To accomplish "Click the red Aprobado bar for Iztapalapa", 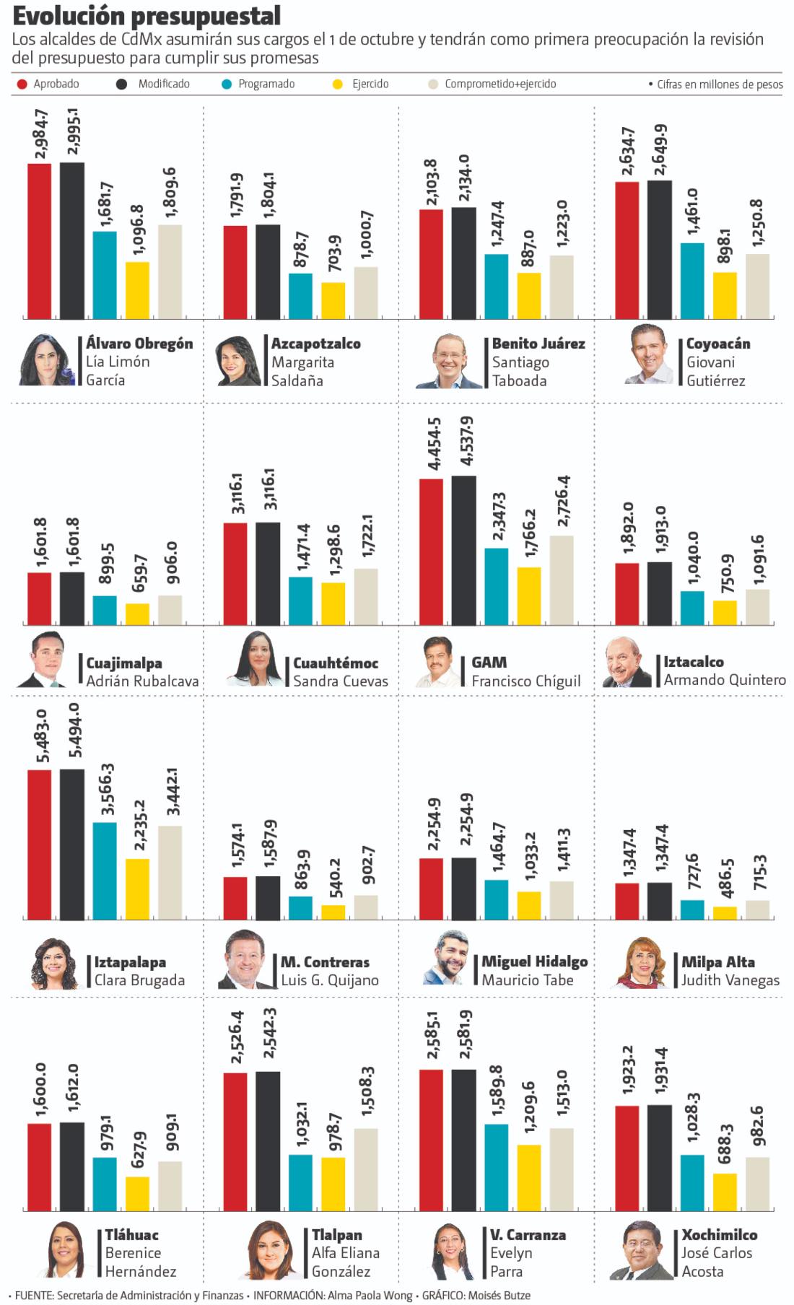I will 40,844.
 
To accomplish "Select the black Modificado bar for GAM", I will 463,550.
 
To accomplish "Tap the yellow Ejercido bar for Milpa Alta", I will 725,913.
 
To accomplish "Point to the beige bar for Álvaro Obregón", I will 170,271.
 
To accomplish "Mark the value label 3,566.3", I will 106,790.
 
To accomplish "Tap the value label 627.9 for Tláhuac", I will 138,1149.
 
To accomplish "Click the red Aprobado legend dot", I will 22,84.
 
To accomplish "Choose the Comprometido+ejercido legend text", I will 500,84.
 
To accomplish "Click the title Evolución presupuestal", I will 147,16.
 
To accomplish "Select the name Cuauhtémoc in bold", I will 336,663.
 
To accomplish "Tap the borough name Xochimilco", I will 720,1235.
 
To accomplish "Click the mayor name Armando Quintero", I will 725,680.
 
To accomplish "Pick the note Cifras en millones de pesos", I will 720,84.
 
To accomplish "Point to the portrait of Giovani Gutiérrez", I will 650,355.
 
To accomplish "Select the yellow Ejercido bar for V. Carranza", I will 528,1177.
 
